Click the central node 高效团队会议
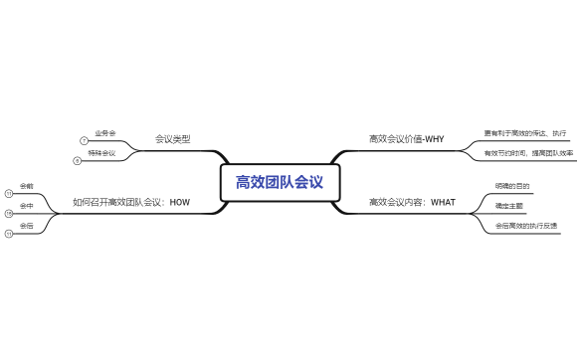pos(280,182)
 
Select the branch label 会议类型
pos(172,139)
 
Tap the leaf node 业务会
pos(105,132)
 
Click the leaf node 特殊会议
pos(101,153)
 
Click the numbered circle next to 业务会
pos(85,141)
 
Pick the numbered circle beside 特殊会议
pos(77,161)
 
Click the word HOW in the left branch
pos(179,203)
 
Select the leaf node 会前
pos(27,186)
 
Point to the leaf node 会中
pos(27,206)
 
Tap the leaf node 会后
pos(27,226)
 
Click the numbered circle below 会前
pos(9,194)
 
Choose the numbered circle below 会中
pos(9,214)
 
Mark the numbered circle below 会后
pos(9,235)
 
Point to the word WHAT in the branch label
pos(443,203)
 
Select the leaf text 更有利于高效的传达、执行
pos(524,132)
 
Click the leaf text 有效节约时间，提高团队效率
pos(528,153)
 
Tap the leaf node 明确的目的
pos(512,186)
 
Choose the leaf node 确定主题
pos(508,206)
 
